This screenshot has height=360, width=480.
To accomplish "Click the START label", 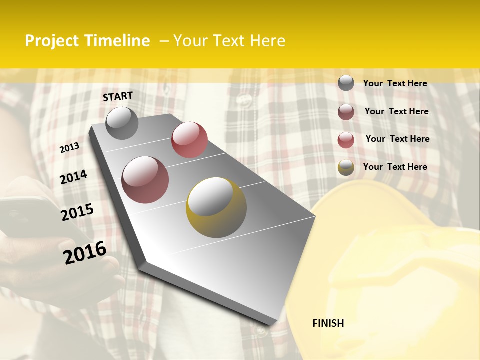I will [118, 96].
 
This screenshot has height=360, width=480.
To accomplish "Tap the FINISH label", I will [328, 323].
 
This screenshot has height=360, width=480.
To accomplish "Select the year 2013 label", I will [69, 148].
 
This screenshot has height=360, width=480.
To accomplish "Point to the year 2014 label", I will [74, 177].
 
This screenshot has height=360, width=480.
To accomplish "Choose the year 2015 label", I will [77, 212].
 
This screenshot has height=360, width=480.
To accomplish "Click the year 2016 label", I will [85, 252].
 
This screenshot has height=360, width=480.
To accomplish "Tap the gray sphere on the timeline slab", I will [122, 123].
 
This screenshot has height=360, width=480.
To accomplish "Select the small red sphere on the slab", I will [189, 139].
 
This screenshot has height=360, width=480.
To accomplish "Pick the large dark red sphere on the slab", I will [145, 180].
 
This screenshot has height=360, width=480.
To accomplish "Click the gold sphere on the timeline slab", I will [216, 207].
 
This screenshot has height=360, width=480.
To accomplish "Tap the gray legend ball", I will [346, 83].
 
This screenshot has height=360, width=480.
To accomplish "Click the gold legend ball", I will [346, 167].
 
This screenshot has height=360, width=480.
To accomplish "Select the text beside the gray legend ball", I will [395, 83].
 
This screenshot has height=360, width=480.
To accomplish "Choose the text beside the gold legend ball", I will [395, 167].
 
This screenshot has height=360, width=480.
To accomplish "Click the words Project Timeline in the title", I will [87, 41].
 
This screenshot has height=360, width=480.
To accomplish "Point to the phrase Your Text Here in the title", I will [229, 41].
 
